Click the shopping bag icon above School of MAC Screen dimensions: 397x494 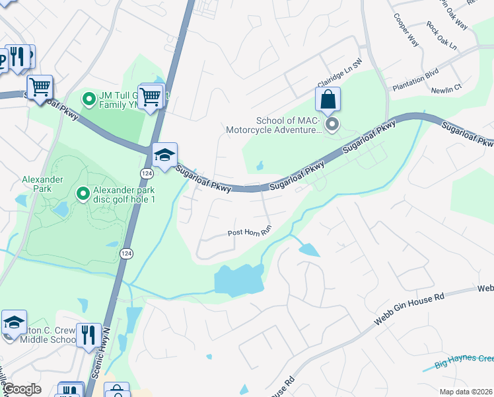click(x=328, y=101)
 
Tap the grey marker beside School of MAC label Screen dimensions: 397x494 click(x=332, y=124)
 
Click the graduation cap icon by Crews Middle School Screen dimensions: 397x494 click(x=14, y=323)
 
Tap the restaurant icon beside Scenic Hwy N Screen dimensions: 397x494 click(x=88, y=335)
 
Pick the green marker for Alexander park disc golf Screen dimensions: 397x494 click(x=83, y=193)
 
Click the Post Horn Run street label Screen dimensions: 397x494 click(x=250, y=232)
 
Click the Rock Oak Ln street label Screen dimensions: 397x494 click(x=441, y=36)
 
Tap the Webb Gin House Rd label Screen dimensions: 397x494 click(x=404, y=308)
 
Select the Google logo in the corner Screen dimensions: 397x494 click(x=22, y=389)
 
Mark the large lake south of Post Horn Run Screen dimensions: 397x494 click(x=238, y=279)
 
